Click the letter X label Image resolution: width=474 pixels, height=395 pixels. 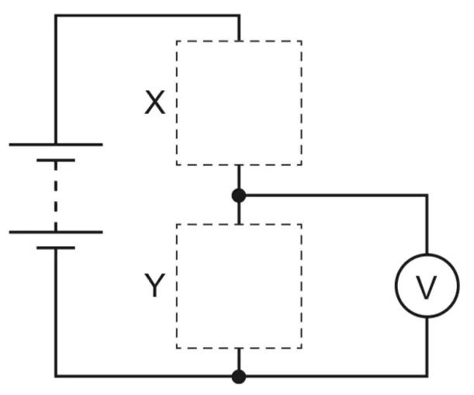(155, 102)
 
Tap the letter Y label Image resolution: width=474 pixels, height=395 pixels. (155, 285)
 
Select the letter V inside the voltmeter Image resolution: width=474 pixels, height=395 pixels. (426, 287)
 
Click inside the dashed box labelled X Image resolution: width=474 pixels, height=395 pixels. (239, 103)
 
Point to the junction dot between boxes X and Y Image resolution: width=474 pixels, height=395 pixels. (239, 196)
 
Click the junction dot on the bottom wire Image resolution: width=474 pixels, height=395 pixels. (239, 376)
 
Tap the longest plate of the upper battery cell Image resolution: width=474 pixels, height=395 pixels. (56, 144)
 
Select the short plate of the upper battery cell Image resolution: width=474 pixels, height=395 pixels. (56, 161)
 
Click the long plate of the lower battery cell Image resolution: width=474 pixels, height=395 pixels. (56, 232)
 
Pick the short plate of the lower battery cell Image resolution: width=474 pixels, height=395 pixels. (56, 248)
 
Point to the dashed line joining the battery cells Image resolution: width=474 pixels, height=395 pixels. (56, 196)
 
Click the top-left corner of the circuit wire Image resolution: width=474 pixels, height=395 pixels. (56, 15)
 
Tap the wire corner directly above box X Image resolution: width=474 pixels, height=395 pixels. (239, 15)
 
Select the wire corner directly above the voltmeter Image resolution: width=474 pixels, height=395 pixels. (427, 196)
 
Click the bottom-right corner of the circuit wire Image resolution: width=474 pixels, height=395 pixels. (427, 376)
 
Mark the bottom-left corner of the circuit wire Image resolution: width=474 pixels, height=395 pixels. (56, 376)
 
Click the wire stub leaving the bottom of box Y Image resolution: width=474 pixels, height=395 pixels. (239, 359)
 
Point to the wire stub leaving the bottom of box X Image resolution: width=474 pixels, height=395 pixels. (239, 177)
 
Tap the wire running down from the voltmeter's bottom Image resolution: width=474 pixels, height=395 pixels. (427, 346)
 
